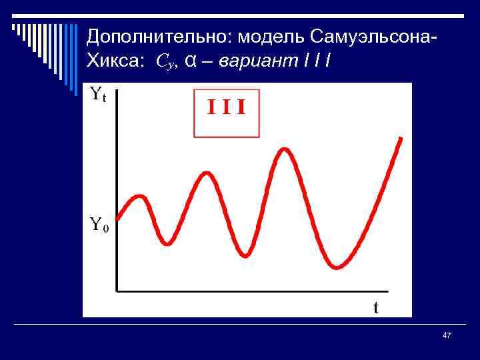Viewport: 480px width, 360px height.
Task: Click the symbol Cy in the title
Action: point(166,62)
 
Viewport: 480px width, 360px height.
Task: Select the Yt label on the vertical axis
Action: point(97,95)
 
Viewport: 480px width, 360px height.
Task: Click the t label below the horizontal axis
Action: point(376,307)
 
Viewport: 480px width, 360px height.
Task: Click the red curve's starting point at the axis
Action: point(118,217)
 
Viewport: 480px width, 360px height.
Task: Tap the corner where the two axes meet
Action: point(117,290)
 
